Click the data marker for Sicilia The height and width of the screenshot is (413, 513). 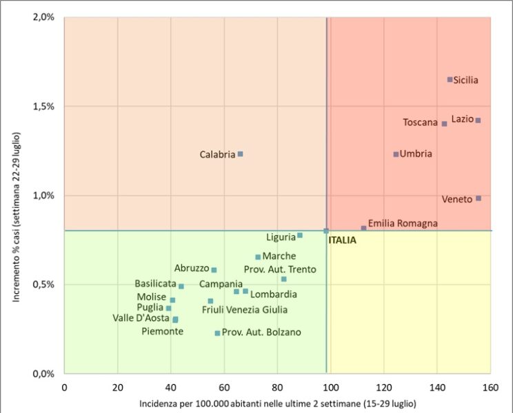(450, 80)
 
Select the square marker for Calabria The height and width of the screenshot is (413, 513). (240, 154)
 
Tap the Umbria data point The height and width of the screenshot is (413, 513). (396, 154)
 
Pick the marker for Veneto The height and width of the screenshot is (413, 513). (479, 198)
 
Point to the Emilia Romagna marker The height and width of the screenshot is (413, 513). (363, 228)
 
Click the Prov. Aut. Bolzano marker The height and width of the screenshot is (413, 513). (217, 333)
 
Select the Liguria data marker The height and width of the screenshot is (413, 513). (300, 235)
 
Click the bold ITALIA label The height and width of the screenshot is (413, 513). (342, 240)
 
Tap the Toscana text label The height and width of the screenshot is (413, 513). (421, 123)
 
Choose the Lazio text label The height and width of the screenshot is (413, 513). (463, 119)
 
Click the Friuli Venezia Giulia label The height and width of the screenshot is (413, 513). (245, 310)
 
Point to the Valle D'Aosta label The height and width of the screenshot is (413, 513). (141, 318)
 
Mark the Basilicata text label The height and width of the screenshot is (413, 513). (155, 283)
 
